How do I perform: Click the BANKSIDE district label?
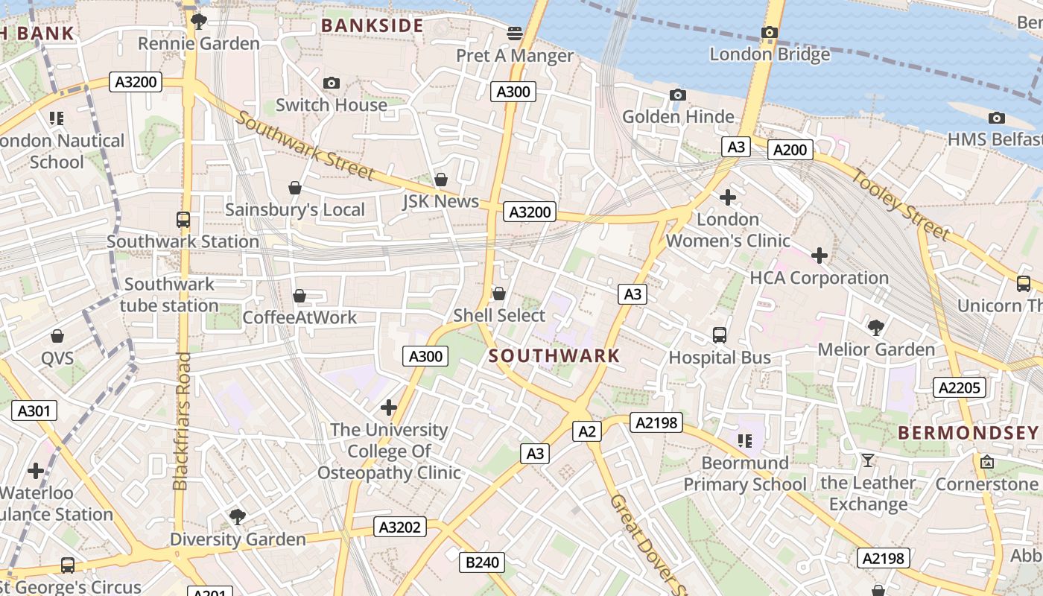(x=372, y=26)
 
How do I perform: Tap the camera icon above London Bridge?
(x=770, y=33)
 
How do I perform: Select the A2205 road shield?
(x=960, y=387)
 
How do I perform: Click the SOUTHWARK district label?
(x=554, y=356)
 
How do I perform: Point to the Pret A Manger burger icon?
(x=515, y=33)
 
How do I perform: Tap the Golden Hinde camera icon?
(x=677, y=95)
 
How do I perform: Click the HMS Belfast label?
(x=995, y=139)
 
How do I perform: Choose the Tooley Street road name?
(x=901, y=204)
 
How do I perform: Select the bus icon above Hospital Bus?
(x=720, y=335)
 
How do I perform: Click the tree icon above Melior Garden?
(x=876, y=327)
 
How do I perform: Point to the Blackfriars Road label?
(x=181, y=421)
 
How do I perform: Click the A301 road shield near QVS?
(x=34, y=410)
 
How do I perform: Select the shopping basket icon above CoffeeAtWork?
(x=299, y=296)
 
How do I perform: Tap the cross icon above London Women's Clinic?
(x=728, y=197)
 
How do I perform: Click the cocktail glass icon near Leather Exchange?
(x=867, y=460)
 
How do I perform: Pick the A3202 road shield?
(x=399, y=527)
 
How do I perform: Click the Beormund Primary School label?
(x=744, y=474)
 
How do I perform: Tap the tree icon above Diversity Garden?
(x=238, y=516)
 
